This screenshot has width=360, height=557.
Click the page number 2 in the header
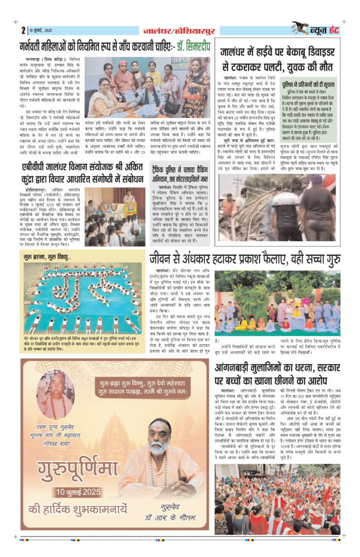[x=24, y=30]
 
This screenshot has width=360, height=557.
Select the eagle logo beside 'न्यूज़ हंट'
[x=301, y=28]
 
